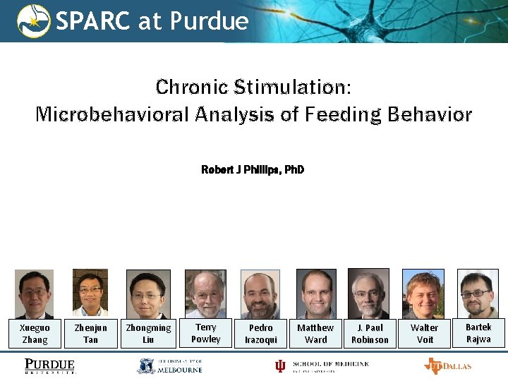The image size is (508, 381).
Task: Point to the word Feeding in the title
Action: pyautogui.click(x=338, y=114)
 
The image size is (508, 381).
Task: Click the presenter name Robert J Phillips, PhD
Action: pyautogui.click(x=253, y=170)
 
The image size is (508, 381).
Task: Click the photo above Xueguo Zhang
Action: pyautogui.click(x=35, y=294)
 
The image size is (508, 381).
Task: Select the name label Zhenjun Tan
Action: pyautogui.click(x=91, y=334)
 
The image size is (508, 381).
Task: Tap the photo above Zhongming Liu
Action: pyautogui.click(x=148, y=294)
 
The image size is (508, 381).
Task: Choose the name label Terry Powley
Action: pyautogui.click(x=206, y=333)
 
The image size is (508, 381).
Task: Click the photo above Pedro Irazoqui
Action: pyautogui.click(x=260, y=294)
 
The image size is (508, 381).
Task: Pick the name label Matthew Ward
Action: pyautogui.click(x=315, y=334)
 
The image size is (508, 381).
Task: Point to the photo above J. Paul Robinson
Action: pyautogui.click(x=368, y=294)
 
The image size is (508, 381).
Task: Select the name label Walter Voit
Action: pyautogui.click(x=424, y=334)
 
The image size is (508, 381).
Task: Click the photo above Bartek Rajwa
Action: pyautogui.click(x=478, y=294)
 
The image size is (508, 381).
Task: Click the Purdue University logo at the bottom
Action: pyautogui.click(x=49, y=366)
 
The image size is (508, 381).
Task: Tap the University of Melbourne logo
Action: pyautogui.click(x=169, y=365)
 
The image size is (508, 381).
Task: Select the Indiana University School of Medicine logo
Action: pyautogui.click(x=322, y=365)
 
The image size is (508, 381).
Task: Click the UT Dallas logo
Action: pyautogui.click(x=447, y=365)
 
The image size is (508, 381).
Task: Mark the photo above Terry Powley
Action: pyautogui.click(x=205, y=294)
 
